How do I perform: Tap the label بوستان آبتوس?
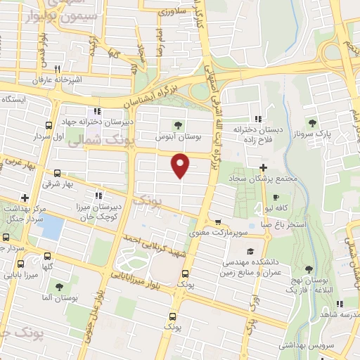(x=188, y=135)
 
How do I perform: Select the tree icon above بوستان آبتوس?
(x=186, y=125)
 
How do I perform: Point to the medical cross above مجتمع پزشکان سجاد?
(x=264, y=167)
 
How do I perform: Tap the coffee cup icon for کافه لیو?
(x=276, y=198)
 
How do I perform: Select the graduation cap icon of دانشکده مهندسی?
(x=250, y=252)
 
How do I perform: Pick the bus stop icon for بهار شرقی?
(x=56, y=173)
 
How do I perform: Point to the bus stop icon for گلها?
(x=47, y=257)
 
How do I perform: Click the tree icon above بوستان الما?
(x=59, y=287)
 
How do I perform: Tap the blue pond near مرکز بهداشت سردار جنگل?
(x=52, y=227)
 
